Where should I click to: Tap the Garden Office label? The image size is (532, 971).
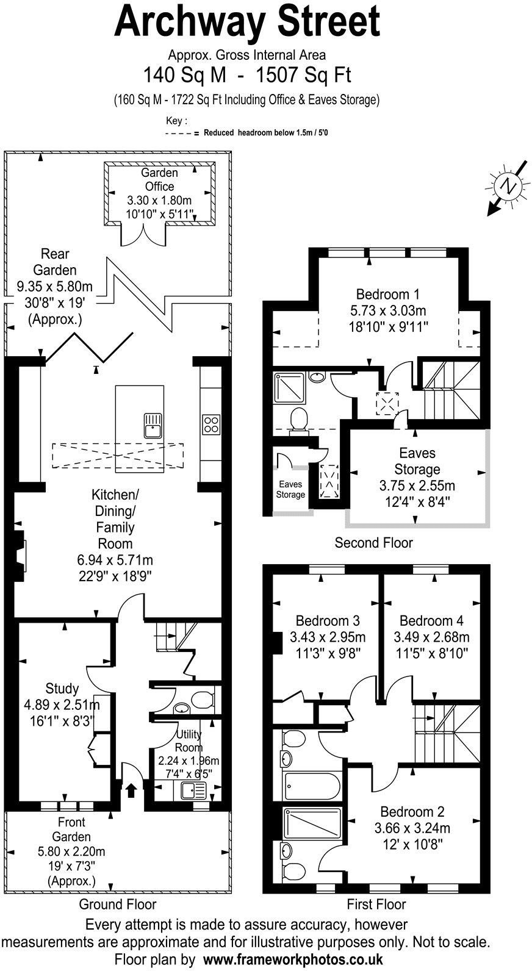[x=159, y=180]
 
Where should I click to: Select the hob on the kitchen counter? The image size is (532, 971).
[x=210, y=423]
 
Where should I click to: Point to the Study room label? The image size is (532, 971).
[x=62, y=689]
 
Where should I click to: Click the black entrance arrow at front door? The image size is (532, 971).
[x=131, y=790]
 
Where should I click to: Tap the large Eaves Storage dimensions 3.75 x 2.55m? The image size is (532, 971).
[x=417, y=486]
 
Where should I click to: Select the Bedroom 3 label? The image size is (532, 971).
[x=328, y=621]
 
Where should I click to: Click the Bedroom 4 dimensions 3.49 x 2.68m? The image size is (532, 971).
[x=431, y=638]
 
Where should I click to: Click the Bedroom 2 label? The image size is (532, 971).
[x=412, y=812]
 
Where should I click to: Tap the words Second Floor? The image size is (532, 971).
[x=373, y=543]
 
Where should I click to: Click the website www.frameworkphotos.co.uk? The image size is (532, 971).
[x=293, y=959]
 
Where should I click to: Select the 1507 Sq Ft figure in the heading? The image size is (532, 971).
[x=304, y=76]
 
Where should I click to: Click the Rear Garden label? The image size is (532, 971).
[x=55, y=262]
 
